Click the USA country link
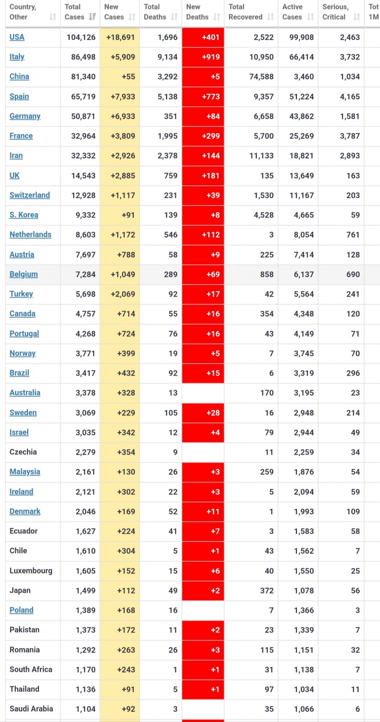pos(17,37)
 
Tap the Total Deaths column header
pos(155,12)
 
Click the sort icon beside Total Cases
pos(92,17)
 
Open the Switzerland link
pos(30,195)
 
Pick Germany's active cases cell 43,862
pos(301,116)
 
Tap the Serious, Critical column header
pos(336,12)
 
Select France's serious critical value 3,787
pos(350,136)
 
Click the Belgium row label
pos(23,274)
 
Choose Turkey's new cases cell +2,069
pos(123,294)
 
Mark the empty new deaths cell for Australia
pos(203,393)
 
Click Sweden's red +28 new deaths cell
pos(203,413)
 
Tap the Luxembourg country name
pos(31,571)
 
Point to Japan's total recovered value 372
pos(267,591)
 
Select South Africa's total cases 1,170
pos(86,670)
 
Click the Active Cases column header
pos(293,12)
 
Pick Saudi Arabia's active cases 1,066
pos(304,709)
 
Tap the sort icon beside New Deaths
pos(217,17)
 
